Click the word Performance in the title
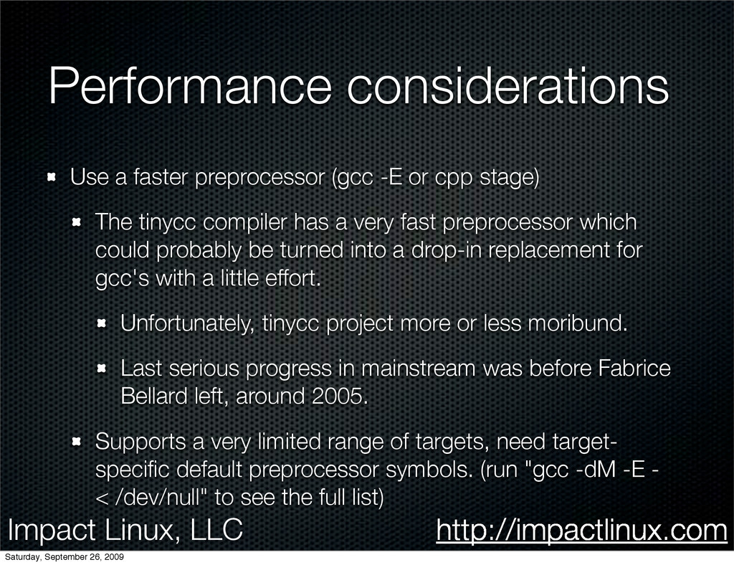pos(190,85)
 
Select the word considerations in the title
pos(508,85)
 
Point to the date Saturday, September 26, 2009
pos(64,557)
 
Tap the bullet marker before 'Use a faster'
pos(52,177)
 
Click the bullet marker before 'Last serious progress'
pos(102,369)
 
